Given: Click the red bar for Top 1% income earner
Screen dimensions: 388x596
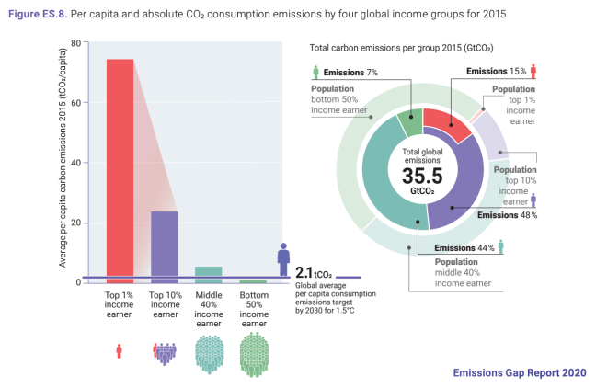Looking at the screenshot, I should tap(120, 170).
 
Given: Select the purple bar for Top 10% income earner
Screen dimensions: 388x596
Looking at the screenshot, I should tap(165, 246).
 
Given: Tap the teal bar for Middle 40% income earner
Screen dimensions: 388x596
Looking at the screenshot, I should tap(209, 274).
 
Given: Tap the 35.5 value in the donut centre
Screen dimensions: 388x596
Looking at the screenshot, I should tap(422, 177).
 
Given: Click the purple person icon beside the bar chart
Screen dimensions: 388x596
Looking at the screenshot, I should tap(284, 258).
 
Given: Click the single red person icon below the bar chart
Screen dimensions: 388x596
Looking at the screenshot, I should tap(120, 350).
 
